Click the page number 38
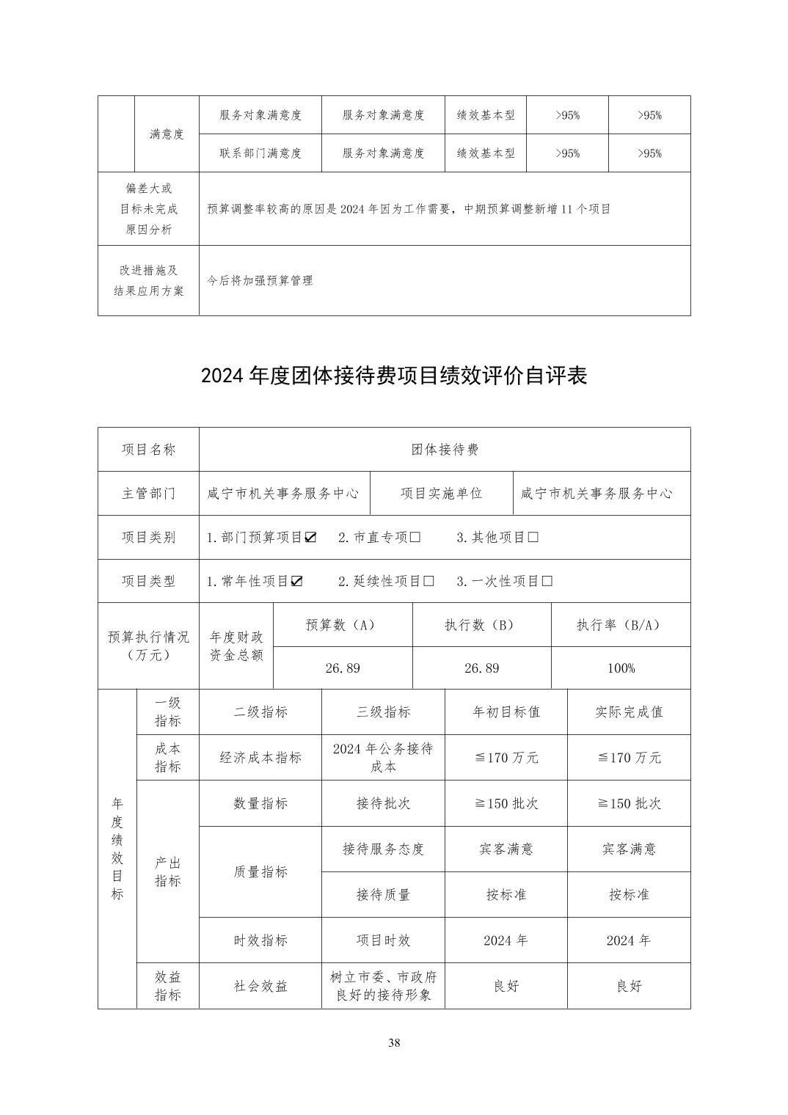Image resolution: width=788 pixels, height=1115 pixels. point(394,1043)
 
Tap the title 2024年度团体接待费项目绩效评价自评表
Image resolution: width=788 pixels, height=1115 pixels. point(394,376)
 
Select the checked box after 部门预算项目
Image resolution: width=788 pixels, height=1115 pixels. point(310,538)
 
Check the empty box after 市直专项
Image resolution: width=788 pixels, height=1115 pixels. point(415,538)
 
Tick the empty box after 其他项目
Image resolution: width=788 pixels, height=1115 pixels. point(533,538)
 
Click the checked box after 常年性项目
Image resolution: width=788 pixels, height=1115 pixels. point(296,582)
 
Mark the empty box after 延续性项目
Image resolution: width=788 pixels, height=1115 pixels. point(428,582)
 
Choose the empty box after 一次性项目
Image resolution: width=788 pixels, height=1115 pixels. point(546,582)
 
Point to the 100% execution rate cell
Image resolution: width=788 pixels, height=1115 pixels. point(621,668)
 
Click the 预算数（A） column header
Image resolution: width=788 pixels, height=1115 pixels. point(342,625)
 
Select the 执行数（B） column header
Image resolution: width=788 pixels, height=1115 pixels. point(481,625)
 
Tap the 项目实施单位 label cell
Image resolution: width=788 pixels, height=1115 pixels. point(442,494)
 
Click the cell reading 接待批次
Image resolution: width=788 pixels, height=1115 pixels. point(383,803)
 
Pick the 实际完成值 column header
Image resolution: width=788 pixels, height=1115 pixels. point(629,712)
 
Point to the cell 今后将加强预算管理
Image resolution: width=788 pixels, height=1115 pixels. point(260,280)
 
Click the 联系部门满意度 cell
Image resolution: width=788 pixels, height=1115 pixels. point(260,153)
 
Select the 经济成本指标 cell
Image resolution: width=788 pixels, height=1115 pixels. point(260,758)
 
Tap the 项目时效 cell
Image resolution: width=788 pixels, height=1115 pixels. point(383,940)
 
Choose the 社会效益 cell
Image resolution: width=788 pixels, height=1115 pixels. point(260,986)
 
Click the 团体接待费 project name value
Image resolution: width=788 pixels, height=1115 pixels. point(445,450)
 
